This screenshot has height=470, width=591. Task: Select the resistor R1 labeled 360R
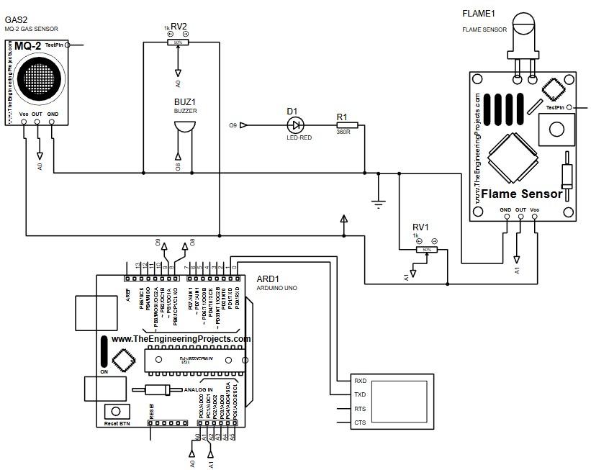343,125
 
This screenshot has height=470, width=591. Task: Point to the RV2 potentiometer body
176,42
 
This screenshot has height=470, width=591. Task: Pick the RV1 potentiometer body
426,249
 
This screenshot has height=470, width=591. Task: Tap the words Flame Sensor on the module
521,194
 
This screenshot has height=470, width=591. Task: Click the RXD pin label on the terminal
361,380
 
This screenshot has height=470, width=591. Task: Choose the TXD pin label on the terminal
361,394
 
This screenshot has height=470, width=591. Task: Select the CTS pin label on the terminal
361,422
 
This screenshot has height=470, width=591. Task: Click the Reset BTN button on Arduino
113,412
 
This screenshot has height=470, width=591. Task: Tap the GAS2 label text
17,19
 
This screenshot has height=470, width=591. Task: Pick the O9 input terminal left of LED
243,125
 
